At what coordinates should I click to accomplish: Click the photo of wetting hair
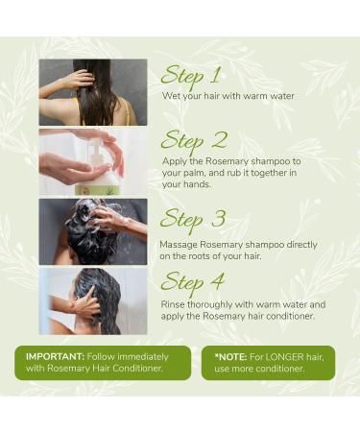(93, 92)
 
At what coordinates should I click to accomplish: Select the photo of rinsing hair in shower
(93, 300)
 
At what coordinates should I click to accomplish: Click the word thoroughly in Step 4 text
(218, 305)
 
